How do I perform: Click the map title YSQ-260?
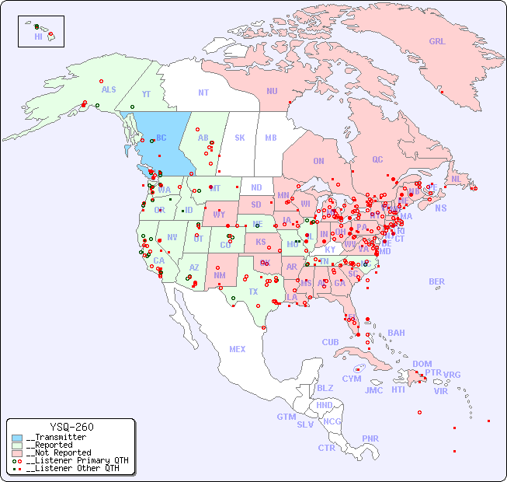pyautogui.click(x=71, y=427)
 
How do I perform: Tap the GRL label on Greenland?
pyautogui.click(x=437, y=42)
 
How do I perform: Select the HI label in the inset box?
pyautogui.click(x=38, y=36)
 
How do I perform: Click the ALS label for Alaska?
pyautogui.click(x=109, y=89)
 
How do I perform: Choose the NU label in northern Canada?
pyautogui.click(x=272, y=91)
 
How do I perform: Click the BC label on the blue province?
pyautogui.click(x=161, y=138)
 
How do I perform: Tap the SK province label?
pyautogui.click(x=240, y=138)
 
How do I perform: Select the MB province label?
pyautogui.click(x=271, y=138)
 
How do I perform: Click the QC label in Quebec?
pyautogui.click(x=377, y=159)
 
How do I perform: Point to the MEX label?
pyautogui.click(x=238, y=349)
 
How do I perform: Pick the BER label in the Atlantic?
pyautogui.click(x=436, y=281)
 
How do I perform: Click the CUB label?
pyautogui.click(x=330, y=342)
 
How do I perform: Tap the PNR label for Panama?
pyautogui.click(x=370, y=438)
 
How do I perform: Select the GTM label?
pyautogui.click(x=286, y=417)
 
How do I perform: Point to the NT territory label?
pyautogui.click(x=203, y=92)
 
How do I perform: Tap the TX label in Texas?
pyautogui.click(x=253, y=292)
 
